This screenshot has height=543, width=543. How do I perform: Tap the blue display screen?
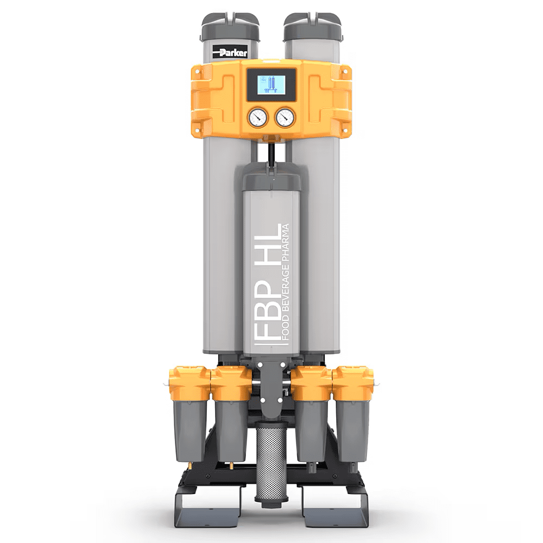(271, 86)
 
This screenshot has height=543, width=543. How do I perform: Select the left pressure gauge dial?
(257, 117)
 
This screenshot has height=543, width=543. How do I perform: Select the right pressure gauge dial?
(286, 117)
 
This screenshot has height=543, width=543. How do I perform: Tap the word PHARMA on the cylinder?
(286, 242)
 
